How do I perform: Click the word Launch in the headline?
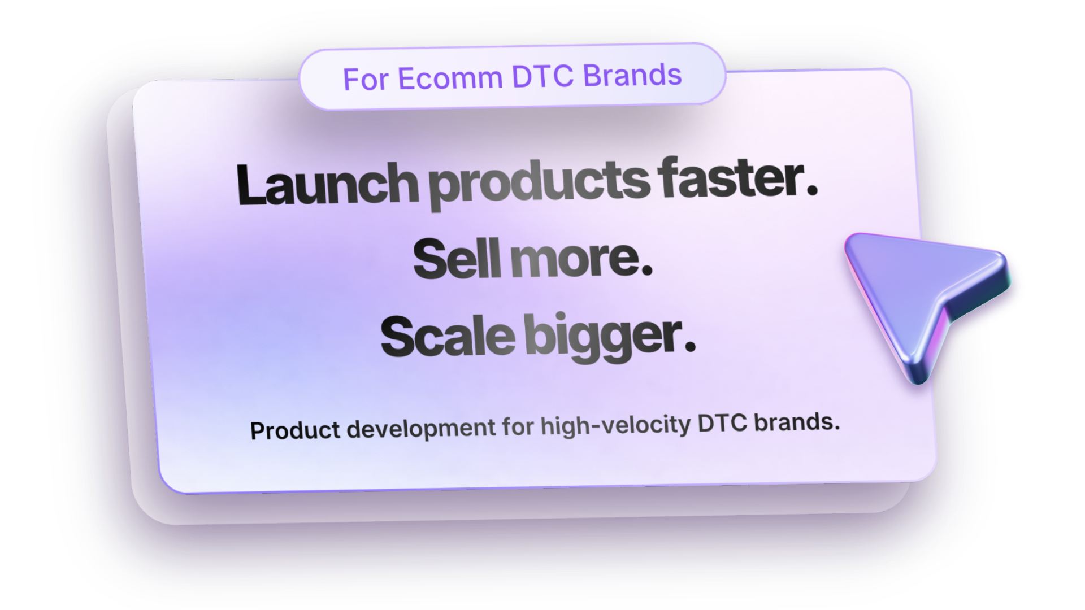pos(327,184)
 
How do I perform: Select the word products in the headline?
pos(540,183)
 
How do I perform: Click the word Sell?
pos(457,259)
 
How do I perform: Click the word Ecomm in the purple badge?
pos(450,77)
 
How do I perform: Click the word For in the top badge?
pos(366,79)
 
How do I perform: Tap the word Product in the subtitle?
pos(295,430)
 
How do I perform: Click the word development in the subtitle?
pos(421,428)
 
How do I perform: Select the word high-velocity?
pos(615,425)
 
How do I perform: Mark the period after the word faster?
pos(812,191)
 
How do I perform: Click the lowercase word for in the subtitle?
pos(518,426)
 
